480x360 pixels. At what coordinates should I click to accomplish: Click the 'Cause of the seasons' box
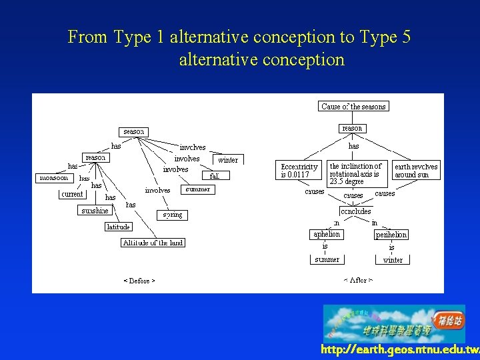coord(353,107)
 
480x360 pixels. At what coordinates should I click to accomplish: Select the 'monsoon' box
coord(54,178)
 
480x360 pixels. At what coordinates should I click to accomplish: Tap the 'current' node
coord(72,194)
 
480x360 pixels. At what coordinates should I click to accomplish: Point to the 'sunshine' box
coord(95,211)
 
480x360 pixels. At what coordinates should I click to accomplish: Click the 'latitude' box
coord(118,227)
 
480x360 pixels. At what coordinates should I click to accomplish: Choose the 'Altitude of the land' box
coord(153,243)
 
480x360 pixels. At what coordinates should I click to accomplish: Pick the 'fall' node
coord(215,176)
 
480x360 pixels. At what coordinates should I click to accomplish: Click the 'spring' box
coord(171,215)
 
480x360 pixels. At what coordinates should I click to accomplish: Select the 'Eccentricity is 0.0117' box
coord(299,171)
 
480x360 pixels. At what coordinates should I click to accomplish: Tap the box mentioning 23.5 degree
coord(357,173)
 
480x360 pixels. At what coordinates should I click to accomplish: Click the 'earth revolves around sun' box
coord(416,171)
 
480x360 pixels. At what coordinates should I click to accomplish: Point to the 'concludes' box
coord(355,211)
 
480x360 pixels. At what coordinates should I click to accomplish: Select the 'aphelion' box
coord(327,234)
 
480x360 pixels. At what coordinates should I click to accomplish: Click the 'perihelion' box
coord(391,235)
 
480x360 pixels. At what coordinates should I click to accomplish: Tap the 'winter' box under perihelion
coord(393,260)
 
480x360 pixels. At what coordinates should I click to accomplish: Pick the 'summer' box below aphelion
coord(327,259)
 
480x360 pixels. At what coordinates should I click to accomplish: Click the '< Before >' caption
coord(139,281)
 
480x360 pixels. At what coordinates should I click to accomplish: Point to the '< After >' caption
coord(358,281)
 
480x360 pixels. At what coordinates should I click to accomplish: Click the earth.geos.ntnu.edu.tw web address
coord(399,350)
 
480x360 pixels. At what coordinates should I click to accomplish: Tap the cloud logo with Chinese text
coord(394,323)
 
